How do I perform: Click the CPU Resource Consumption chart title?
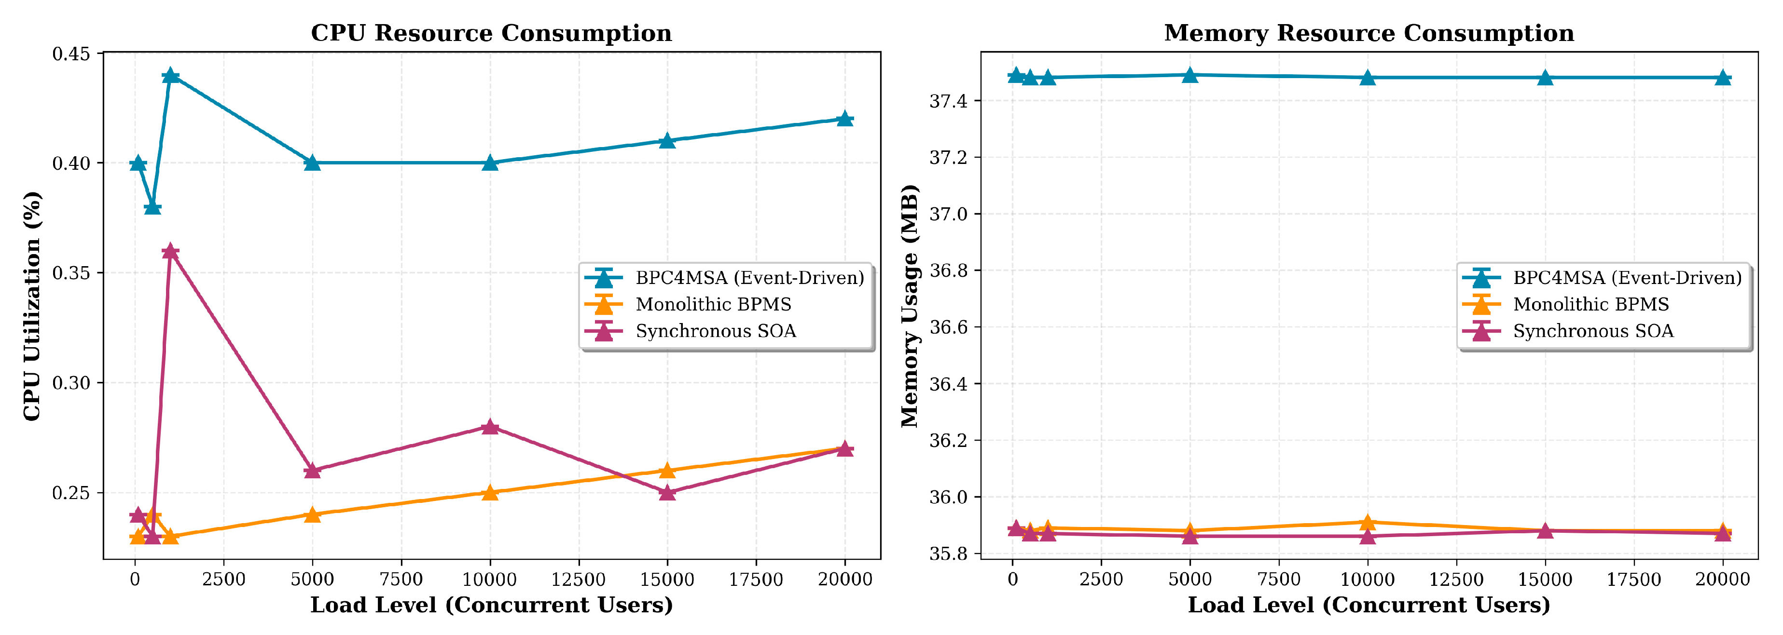click(491, 33)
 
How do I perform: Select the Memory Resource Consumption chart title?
click(1368, 33)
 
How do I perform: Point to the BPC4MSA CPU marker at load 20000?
click(844, 119)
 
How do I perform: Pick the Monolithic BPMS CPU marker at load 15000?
click(666, 471)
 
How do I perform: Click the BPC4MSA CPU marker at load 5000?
click(312, 162)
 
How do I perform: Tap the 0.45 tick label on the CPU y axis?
click(71, 53)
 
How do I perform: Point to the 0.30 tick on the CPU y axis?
click(71, 382)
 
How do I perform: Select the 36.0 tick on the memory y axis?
click(948, 497)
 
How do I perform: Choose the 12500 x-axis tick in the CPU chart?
click(579, 579)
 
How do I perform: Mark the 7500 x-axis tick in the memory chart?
click(1278, 579)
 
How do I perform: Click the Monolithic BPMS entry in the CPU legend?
click(713, 304)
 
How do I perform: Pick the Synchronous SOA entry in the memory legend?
click(1593, 331)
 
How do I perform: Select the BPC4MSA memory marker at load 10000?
click(1367, 78)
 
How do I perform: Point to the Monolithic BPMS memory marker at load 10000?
click(1367, 522)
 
